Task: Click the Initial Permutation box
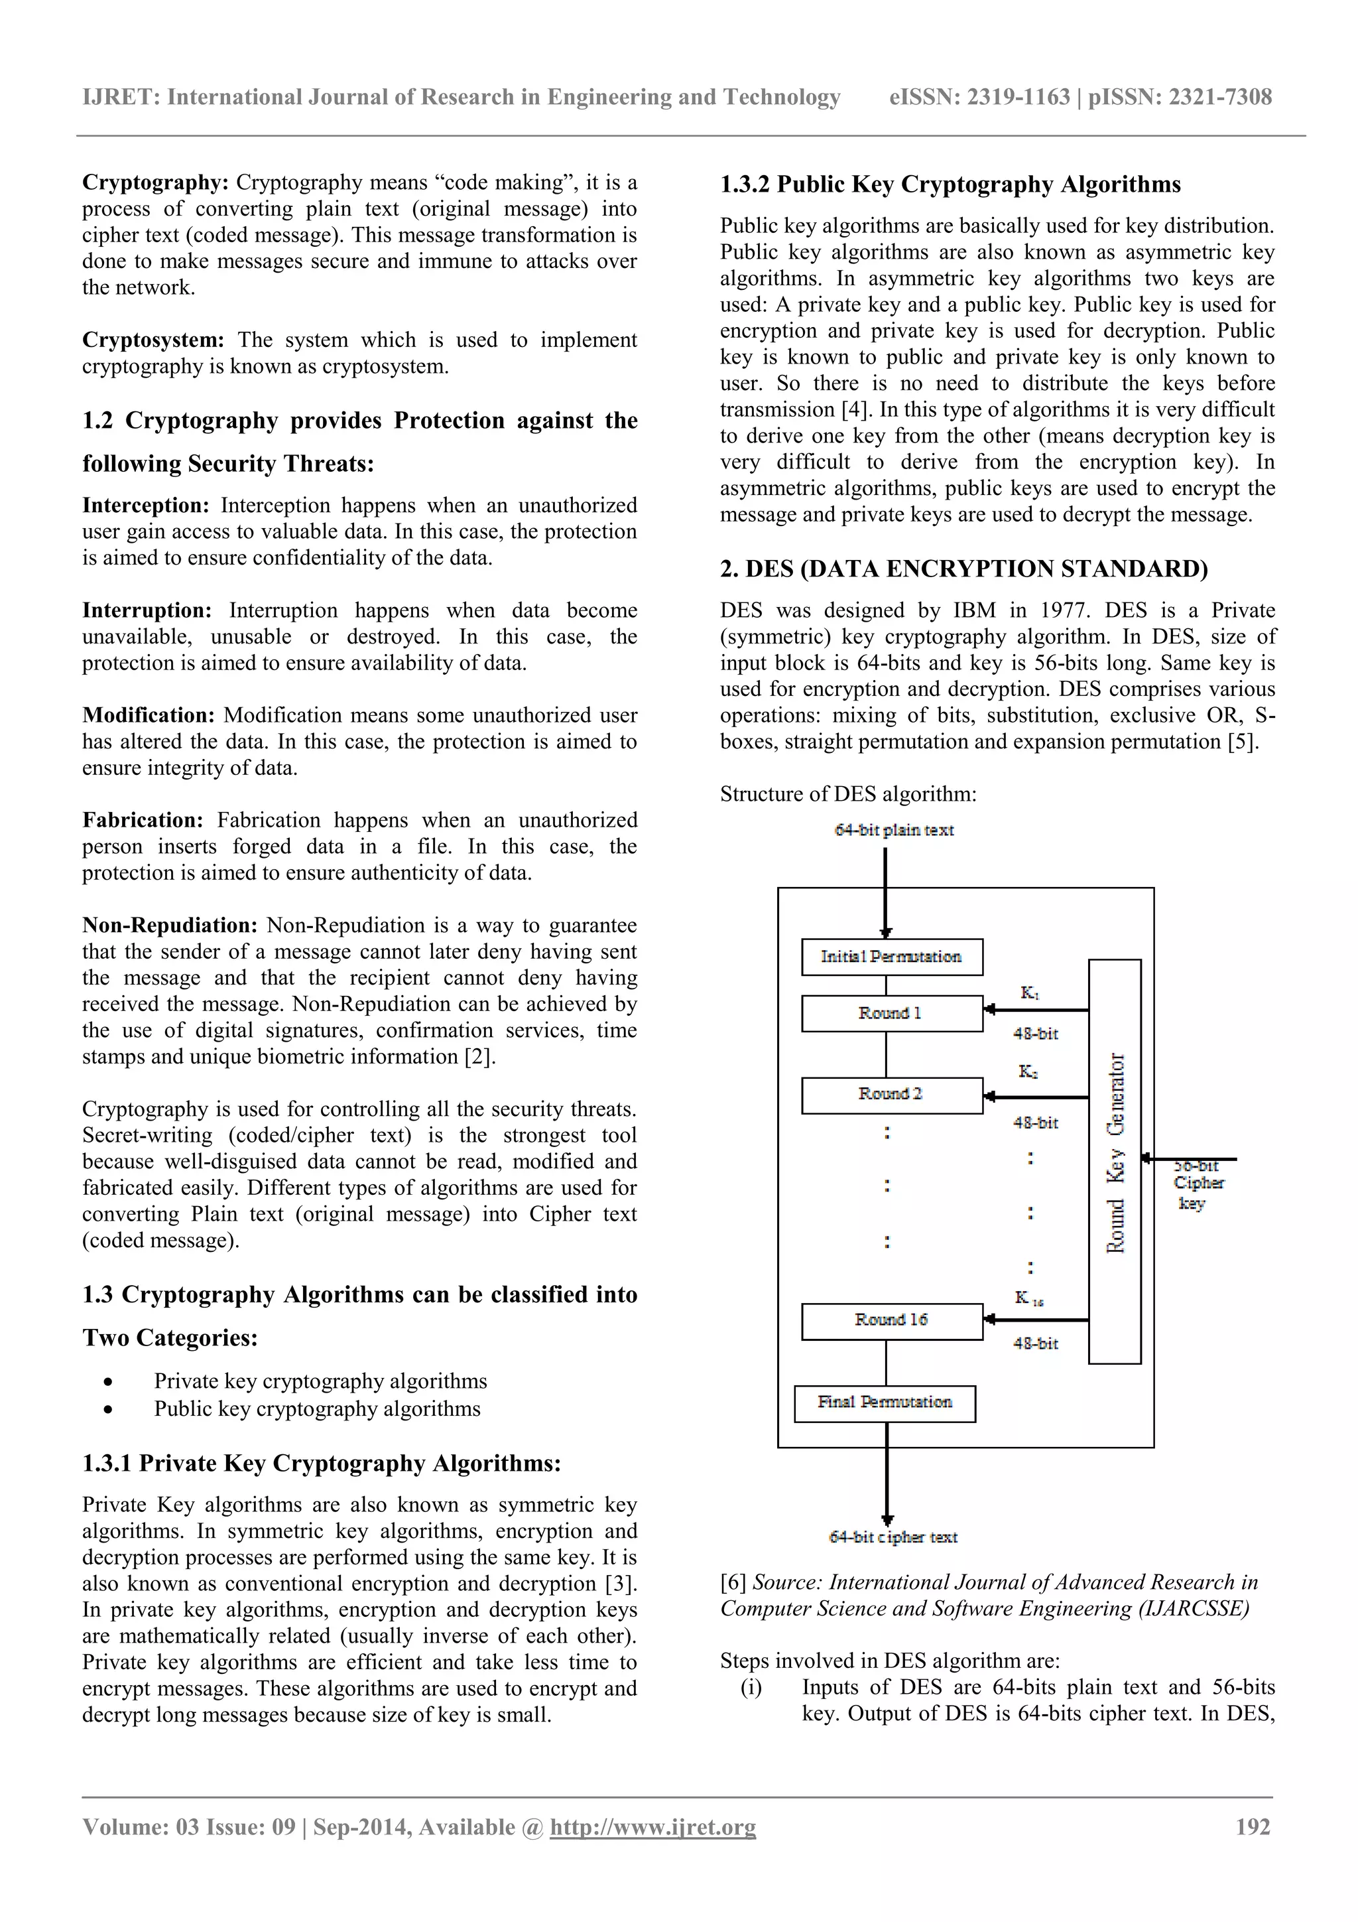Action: click(891, 957)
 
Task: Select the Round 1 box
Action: click(891, 1013)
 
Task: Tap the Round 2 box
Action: click(891, 1094)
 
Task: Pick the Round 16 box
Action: click(891, 1320)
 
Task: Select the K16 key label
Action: click(1028, 1298)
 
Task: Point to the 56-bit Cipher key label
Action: click(1198, 1184)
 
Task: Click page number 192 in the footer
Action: click(1253, 1826)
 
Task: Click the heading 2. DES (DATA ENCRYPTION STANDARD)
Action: click(964, 569)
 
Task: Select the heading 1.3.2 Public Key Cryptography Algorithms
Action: click(950, 184)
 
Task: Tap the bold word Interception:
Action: click(146, 506)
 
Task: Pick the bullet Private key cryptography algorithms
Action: click(320, 1381)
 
